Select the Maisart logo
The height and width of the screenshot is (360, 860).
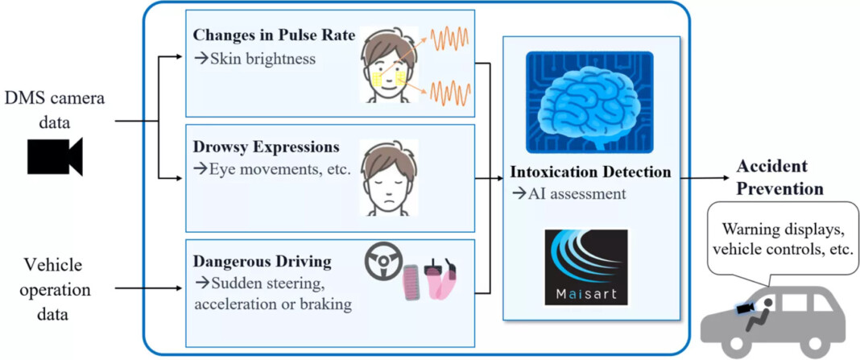(585, 267)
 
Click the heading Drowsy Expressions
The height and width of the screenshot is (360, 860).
(266, 148)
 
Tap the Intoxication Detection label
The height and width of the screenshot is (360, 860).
(590, 172)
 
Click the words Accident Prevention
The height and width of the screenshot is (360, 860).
(779, 177)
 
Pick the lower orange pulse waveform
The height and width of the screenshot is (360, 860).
(450, 93)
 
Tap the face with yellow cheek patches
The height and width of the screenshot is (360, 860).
(389, 65)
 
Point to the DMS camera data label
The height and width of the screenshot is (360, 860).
(55, 110)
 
